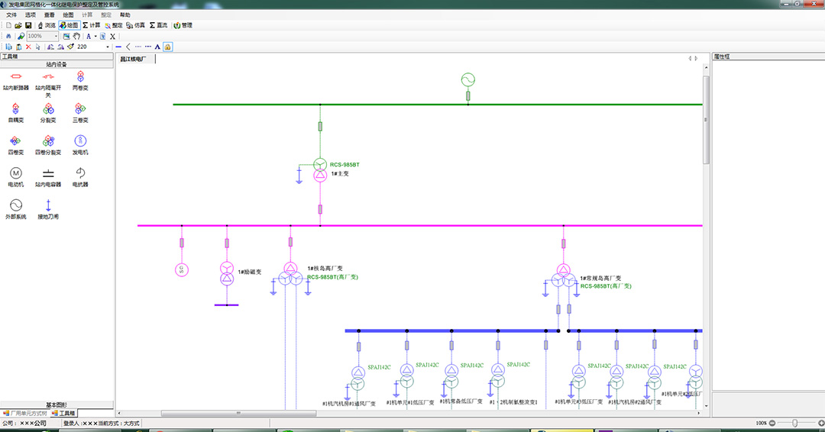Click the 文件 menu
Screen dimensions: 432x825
click(x=11, y=15)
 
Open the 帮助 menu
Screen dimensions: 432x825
click(x=125, y=15)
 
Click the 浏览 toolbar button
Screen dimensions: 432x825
click(x=46, y=25)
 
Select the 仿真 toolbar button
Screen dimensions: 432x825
click(x=136, y=25)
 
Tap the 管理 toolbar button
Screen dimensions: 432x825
click(x=183, y=25)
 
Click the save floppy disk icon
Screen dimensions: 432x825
click(x=28, y=25)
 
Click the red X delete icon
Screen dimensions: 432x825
click(x=28, y=47)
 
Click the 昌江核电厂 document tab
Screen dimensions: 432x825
click(x=135, y=59)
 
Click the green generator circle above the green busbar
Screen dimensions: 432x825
click(x=468, y=79)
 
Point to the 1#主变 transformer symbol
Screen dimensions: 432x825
click(x=320, y=169)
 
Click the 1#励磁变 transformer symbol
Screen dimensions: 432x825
click(x=227, y=272)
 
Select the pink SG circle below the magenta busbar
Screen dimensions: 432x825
click(x=182, y=269)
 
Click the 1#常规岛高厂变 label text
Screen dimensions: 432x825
click(x=600, y=279)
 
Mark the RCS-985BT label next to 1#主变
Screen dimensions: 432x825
click(x=345, y=165)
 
